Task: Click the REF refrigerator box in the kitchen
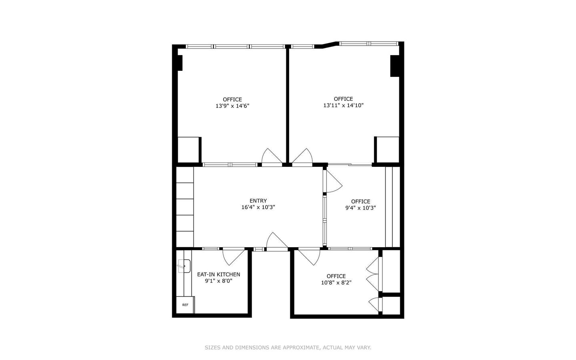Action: point(185,305)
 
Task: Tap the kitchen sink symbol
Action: point(184,266)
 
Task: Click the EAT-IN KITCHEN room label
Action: point(218,274)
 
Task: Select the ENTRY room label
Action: point(258,201)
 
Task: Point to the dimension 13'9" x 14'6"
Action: point(232,106)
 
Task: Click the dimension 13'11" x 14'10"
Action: point(343,106)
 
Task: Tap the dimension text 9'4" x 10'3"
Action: point(360,208)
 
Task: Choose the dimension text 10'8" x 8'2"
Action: point(336,282)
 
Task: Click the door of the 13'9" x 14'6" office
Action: point(272,156)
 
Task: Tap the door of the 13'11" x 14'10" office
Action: point(302,156)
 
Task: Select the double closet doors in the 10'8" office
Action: point(373,274)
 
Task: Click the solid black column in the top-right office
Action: point(395,66)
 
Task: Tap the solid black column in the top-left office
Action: point(180,63)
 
